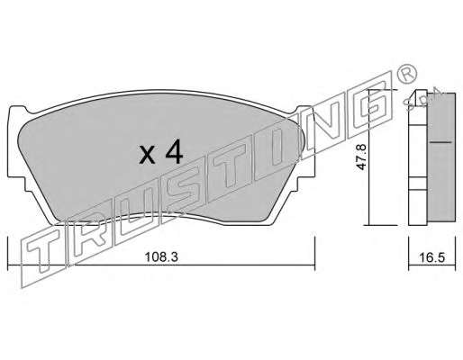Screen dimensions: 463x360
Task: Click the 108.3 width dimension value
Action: pyautogui.click(x=161, y=257)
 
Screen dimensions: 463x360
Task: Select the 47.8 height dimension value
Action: pyautogui.click(x=361, y=157)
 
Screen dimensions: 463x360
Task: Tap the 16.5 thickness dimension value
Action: pyautogui.click(x=432, y=257)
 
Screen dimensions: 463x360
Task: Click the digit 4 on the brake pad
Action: pyautogui.click(x=174, y=151)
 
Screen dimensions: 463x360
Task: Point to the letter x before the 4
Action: pyautogui.click(x=147, y=156)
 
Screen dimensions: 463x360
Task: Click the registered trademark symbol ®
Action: pyautogui.click(x=407, y=74)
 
